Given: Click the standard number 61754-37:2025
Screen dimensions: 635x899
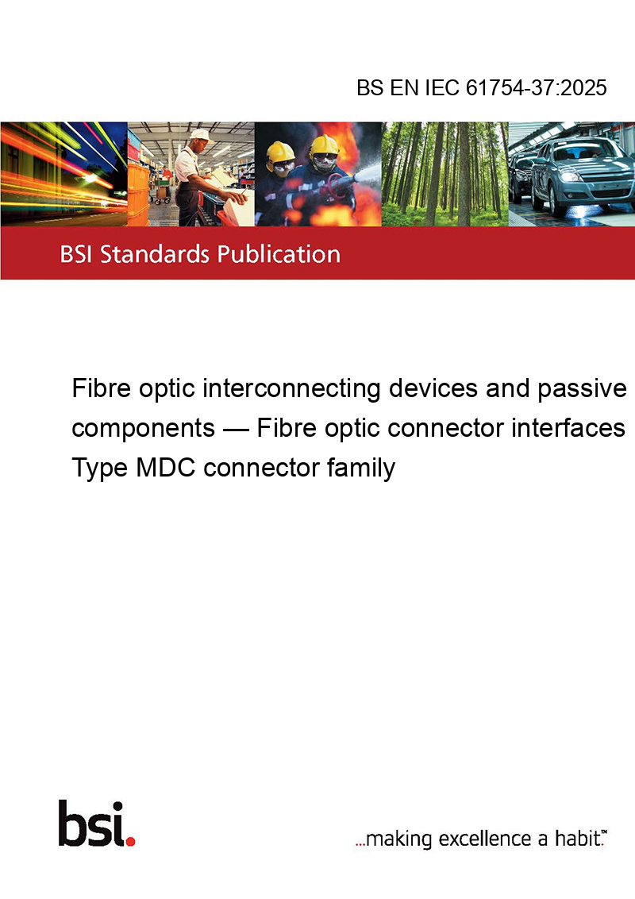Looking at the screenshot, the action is pos(536,87).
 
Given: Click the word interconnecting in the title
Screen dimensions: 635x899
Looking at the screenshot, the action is pos(292,388).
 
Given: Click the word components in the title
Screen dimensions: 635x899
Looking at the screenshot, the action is pos(144,429).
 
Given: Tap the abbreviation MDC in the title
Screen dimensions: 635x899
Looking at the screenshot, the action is pos(166,467).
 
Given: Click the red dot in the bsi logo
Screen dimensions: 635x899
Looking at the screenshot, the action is pos(130,841).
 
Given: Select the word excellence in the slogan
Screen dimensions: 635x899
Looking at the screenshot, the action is pos(485,839).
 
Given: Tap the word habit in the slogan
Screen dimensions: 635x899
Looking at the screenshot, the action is pos(575,838).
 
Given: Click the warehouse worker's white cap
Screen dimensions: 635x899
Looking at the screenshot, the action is pos(200,135).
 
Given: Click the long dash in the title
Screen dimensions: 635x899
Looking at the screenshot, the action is pos(236,429).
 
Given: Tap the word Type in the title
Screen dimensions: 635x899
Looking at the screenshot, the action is pos(100,469).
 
